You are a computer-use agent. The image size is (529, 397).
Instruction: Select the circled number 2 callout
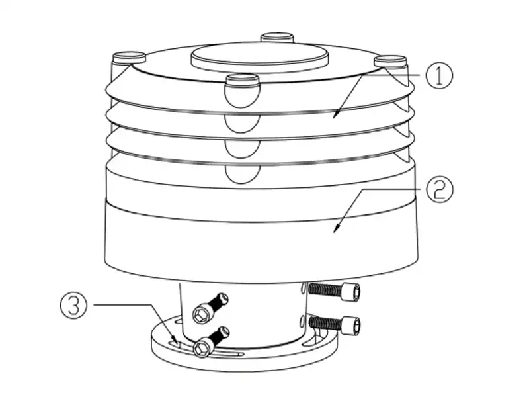pyautogui.click(x=438, y=190)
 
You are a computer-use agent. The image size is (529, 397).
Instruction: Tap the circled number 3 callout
pyautogui.click(x=75, y=305)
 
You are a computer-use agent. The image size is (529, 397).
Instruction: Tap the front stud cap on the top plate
pyautogui.click(x=241, y=82)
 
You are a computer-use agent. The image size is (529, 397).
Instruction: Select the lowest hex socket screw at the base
pyautogui.click(x=204, y=346)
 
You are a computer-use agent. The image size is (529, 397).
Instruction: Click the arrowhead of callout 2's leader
pyautogui.click(x=337, y=229)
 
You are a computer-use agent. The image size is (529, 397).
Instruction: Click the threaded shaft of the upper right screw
pyautogui.click(x=323, y=289)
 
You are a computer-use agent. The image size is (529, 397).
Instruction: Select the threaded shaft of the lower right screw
pyautogui.click(x=323, y=324)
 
